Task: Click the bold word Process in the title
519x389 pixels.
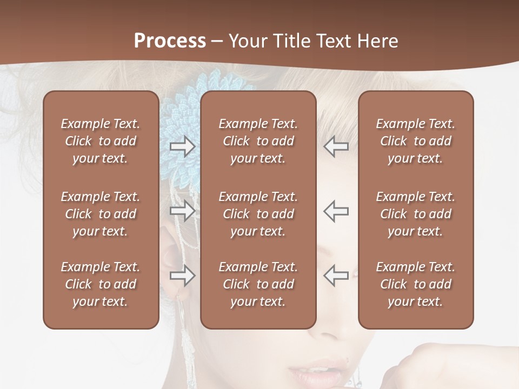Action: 170,41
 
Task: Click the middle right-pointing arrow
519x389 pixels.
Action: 182,211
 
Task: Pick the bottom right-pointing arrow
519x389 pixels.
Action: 182,276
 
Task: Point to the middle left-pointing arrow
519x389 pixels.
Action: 336,211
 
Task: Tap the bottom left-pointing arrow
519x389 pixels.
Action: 336,276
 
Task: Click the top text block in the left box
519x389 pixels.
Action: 101,141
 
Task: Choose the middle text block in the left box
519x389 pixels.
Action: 101,214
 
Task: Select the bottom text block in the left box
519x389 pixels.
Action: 101,284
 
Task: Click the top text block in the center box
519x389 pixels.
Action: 258,141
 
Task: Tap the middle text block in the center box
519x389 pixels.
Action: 258,214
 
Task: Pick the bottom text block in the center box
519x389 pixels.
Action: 258,284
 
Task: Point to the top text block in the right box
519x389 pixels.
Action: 415,141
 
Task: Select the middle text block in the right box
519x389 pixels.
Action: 415,214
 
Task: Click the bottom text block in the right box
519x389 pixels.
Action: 415,284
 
